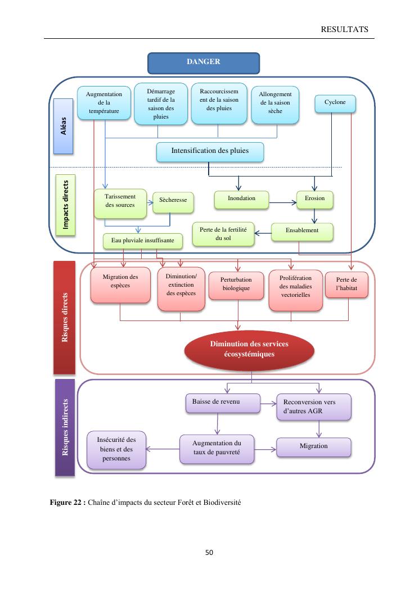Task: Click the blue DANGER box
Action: [203, 63]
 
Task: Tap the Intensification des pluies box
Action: [210, 151]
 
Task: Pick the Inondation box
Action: [241, 200]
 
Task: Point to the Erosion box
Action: [314, 200]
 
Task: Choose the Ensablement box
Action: [302, 232]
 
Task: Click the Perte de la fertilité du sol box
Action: [223, 234]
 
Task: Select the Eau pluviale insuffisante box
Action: [143, 241]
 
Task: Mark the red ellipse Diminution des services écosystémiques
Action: [240, 350]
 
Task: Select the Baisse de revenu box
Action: [223, 403]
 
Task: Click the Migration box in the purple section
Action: [313, 446]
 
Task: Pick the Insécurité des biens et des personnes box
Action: [116, 450]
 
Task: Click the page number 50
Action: [209, 553]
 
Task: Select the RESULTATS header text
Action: [344, 29]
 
